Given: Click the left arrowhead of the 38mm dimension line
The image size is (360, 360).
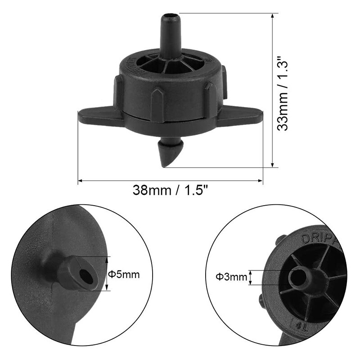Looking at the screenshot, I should [81, 181].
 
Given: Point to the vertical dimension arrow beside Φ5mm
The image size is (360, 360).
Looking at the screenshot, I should [108, 274].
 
